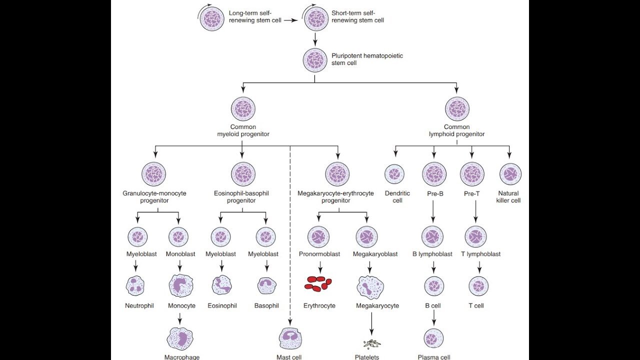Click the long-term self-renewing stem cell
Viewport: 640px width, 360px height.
pos(212,19)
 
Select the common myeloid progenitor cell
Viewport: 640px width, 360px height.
pos(243,109)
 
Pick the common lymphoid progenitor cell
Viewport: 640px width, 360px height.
pos(457,109)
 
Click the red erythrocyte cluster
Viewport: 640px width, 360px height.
pos(318,284)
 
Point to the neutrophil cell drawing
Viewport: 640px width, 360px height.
pos(134,285)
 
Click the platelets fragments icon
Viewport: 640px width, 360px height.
pos(371,343)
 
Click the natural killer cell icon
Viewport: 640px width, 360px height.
pos(510,174)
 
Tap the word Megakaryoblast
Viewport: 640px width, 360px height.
pos(375,254)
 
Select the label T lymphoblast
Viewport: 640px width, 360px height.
pos(480,254)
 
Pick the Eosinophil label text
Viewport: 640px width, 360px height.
pos(222,305)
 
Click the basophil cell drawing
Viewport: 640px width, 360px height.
pos(266,285)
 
